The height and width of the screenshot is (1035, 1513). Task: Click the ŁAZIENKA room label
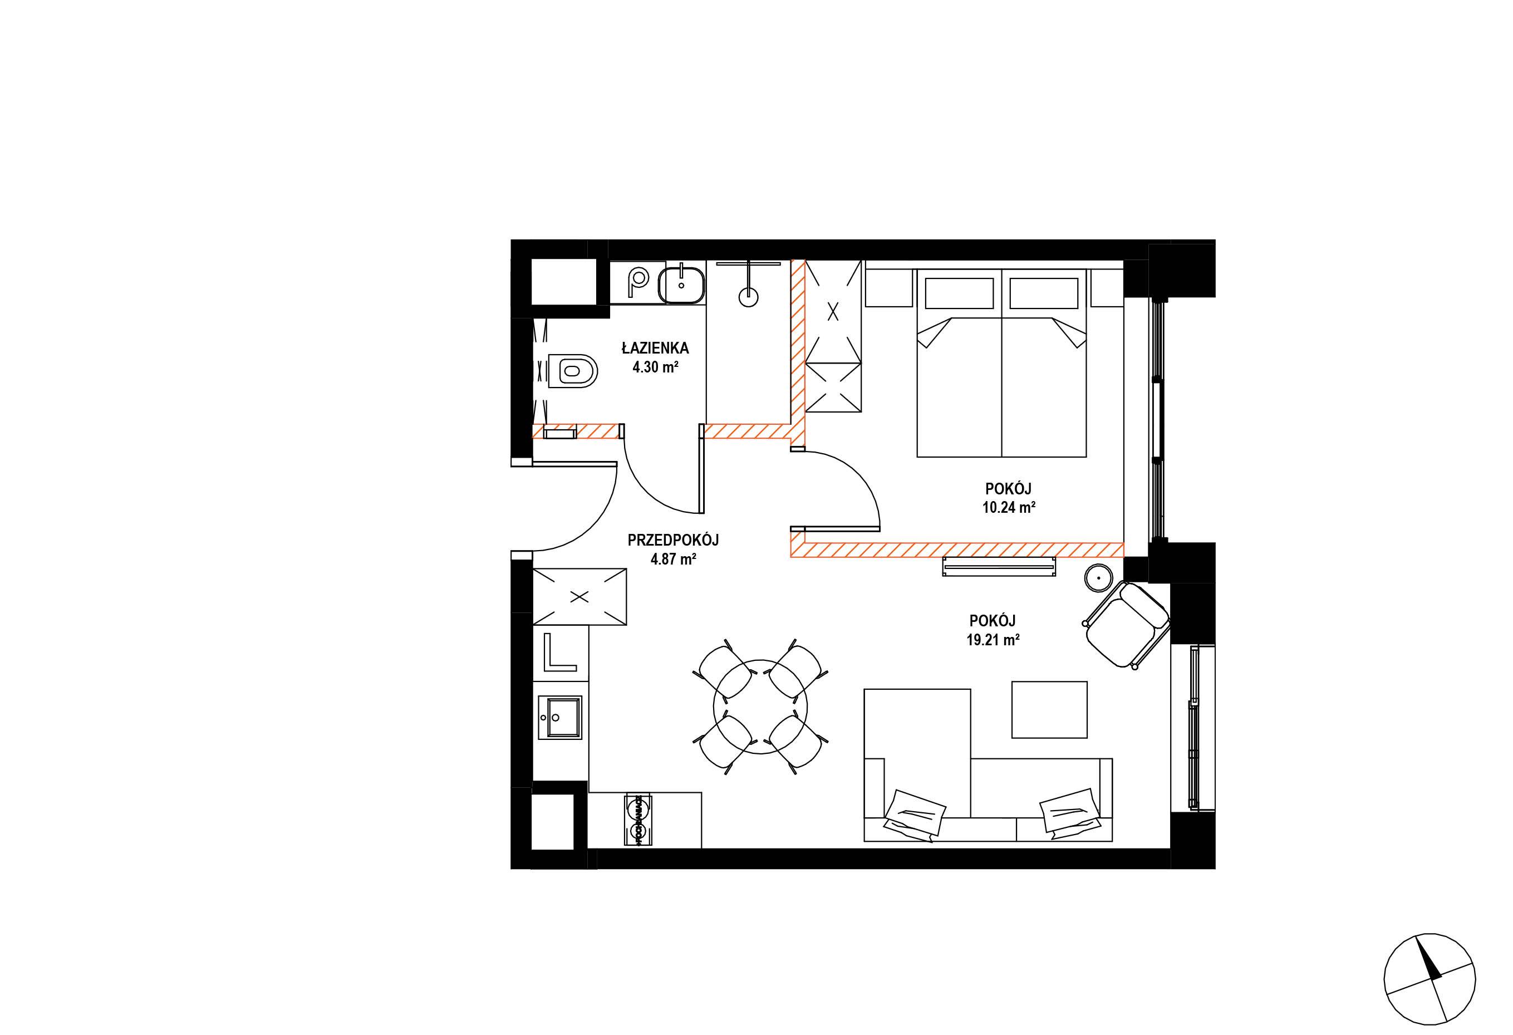tap(655, 349)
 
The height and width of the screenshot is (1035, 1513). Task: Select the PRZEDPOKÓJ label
tap(673, 539)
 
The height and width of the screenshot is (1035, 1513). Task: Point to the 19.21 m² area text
tap(993, 640)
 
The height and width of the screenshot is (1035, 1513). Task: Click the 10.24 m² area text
tap(1009, 508)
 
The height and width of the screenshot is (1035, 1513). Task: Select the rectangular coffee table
tap(1049, 709)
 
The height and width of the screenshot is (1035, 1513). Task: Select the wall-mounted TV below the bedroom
tap(998, 566)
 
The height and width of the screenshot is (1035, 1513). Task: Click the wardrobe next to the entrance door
tap(579, 596)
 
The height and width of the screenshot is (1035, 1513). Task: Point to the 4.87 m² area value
tap(674, 558)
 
